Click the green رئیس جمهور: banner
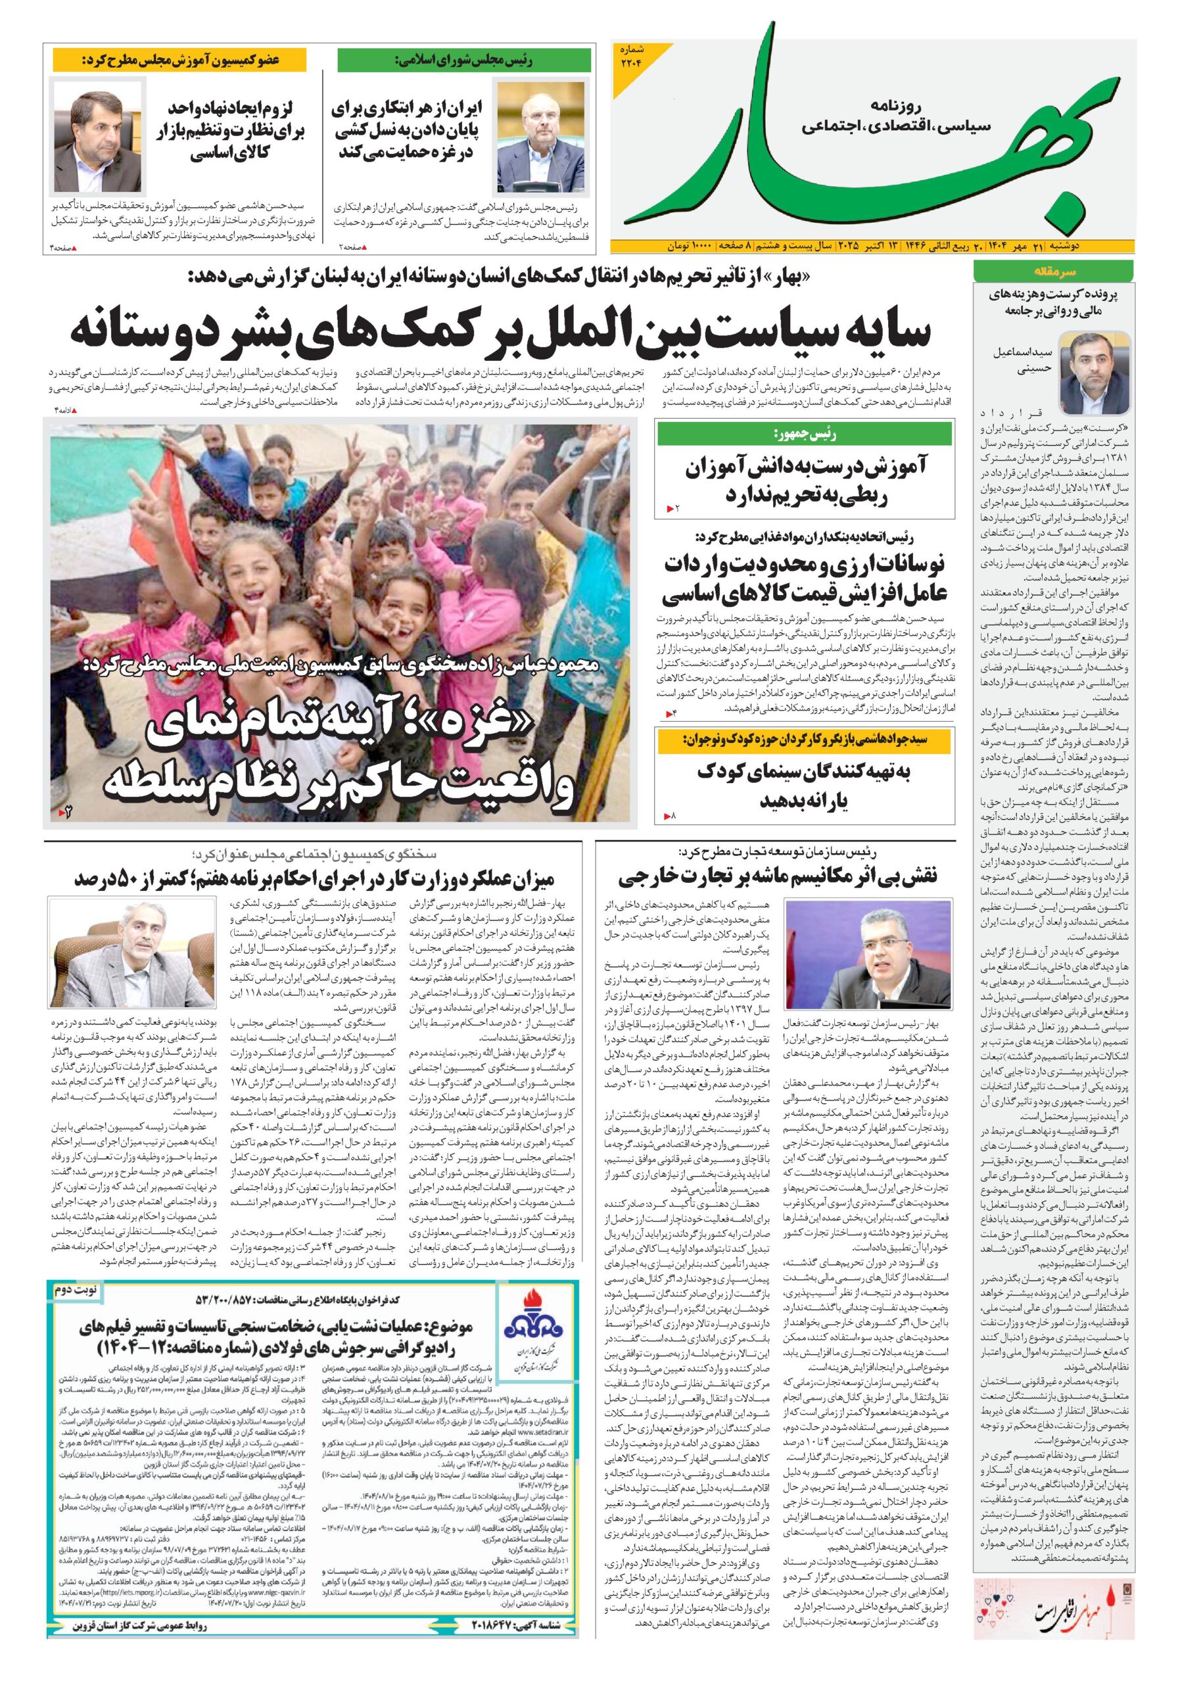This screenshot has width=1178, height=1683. click(805, 435)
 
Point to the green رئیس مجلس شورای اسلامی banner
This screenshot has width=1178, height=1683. click(464, 59)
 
